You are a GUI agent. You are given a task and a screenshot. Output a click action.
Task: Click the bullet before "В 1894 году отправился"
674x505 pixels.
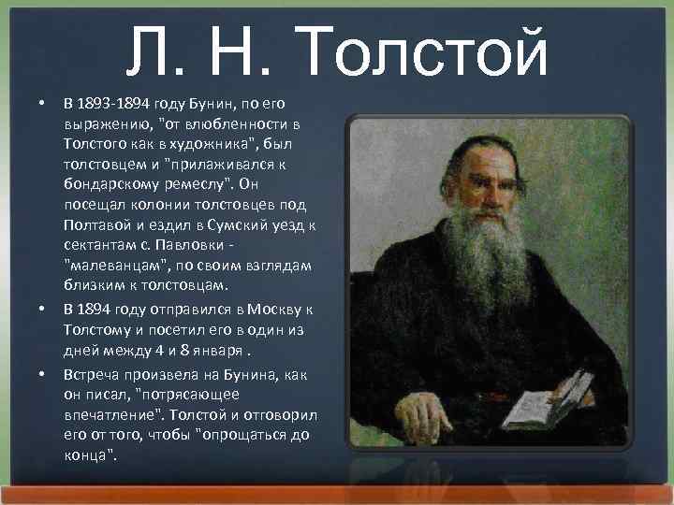(x=42, y=308)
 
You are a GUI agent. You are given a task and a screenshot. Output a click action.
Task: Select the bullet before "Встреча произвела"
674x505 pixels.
(x=42, y=374)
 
